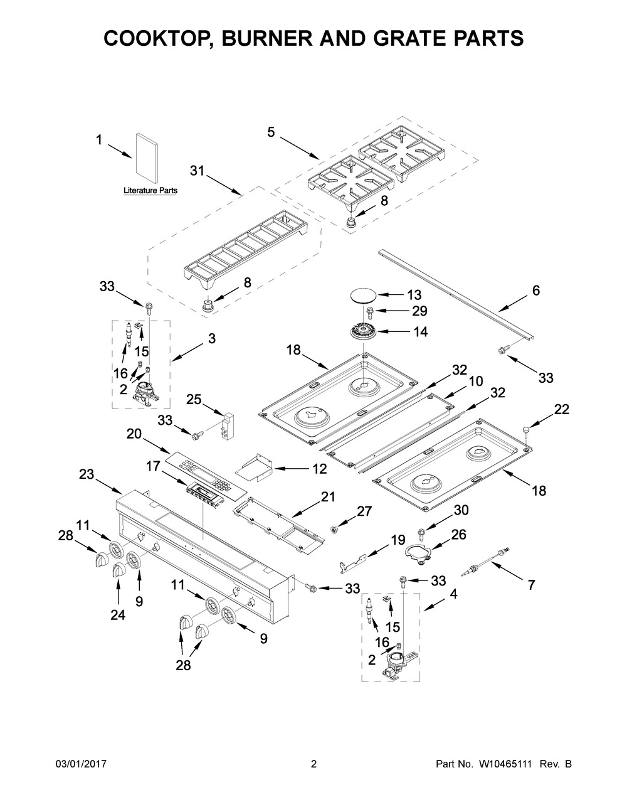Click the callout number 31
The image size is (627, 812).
197,171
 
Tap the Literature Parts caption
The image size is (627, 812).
150,191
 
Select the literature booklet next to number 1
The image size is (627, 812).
146,159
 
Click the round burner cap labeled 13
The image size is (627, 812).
364,296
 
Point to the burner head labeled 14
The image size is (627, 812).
364,331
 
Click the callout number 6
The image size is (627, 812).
535,291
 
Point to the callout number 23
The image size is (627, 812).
87,474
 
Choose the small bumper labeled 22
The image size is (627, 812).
527,432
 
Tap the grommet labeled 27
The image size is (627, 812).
334,529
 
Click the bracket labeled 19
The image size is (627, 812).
354,562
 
